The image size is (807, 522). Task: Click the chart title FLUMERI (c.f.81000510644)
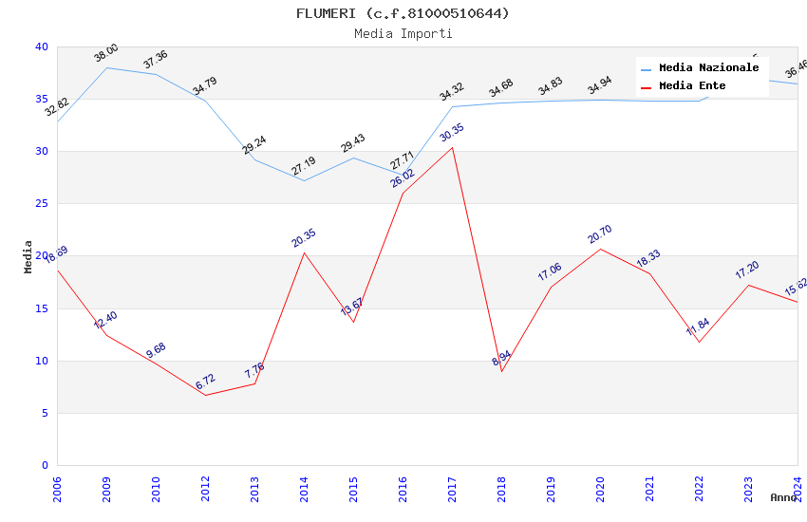tap(403, 13)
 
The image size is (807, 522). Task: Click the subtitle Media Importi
tap(403, 34)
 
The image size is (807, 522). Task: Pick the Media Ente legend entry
tap(692, 86)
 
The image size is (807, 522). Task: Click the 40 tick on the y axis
tap(41, 47)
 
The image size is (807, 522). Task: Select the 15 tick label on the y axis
tap(41, 308)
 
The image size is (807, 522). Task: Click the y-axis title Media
tap(28, 256)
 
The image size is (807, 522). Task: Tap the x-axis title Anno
tap(783, 497)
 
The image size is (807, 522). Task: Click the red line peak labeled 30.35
tap(452, 147)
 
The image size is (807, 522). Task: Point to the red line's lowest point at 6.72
tap(205, 395)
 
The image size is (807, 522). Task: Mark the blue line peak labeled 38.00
tap(106, 67)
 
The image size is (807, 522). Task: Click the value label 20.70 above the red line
tap(600, 234)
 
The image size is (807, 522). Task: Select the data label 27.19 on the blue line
tap(304, 168)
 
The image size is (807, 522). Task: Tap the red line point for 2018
tap(501, 371)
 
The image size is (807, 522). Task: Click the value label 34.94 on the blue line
tap(600, 87)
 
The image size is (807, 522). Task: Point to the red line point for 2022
tap(699, 342)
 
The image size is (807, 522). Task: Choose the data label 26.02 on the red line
tap(403, 178)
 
